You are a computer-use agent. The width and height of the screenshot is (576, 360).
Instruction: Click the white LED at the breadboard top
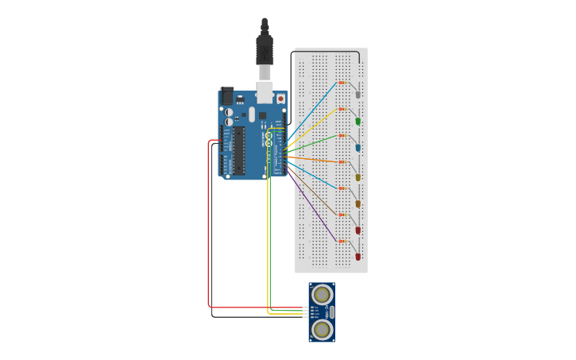(358, 95)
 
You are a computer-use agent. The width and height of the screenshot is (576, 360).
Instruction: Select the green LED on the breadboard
(358, 121)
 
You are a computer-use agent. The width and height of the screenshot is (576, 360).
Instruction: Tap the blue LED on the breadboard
(358, 148)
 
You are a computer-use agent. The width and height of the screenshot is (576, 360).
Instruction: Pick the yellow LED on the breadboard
(358, 177)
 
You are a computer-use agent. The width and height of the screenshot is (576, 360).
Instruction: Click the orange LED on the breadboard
(358, 204)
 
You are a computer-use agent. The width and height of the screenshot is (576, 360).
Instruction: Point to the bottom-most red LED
(358, 257)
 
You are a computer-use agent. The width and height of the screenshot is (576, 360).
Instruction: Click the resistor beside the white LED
(342, 83)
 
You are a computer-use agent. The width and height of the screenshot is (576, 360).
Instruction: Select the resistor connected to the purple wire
(342, 241)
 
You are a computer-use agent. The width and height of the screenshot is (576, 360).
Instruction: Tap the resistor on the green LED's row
(342, 109)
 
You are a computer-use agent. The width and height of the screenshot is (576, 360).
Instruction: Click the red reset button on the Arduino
(280, 99)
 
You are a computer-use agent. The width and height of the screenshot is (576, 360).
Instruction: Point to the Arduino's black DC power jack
(226, 96)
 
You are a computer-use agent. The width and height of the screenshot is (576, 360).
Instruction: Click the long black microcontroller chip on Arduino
(238, 150)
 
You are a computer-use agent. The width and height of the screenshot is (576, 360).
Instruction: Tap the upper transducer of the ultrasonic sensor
(322, 295)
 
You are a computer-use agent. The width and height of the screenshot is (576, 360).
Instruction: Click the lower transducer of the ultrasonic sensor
(322, 329)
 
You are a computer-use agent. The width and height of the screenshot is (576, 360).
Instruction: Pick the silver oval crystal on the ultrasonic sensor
(331, 312)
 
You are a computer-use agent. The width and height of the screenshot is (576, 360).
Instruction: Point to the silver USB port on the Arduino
(264, 92)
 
